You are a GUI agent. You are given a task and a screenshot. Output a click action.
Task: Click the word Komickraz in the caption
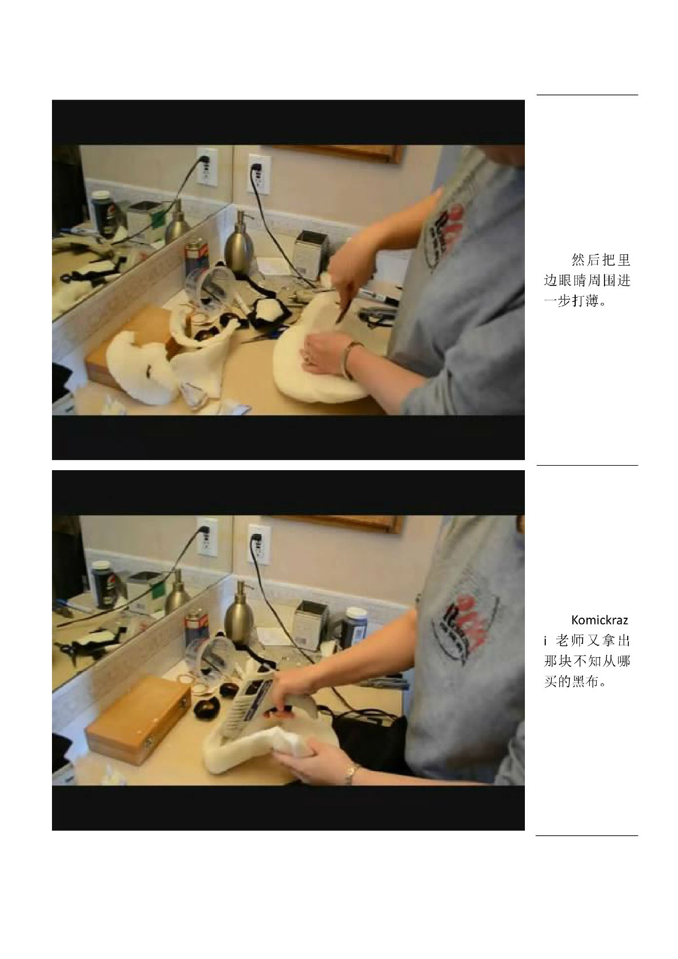pyautogui.click(x=599, y=620)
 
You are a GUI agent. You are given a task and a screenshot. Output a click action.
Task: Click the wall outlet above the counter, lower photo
pyautogui.click(x=259, y=545)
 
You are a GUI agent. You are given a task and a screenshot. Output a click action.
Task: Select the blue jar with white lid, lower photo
pyautogui.click(x=356, y=627)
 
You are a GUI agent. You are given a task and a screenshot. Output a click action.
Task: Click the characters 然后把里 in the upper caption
pyautogui.click(x=601, y=260)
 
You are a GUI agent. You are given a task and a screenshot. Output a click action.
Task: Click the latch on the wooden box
pyautogui.click(x=185, y=704)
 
